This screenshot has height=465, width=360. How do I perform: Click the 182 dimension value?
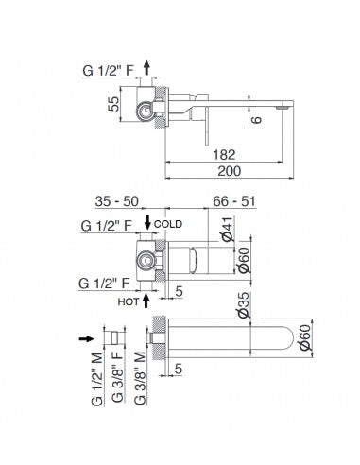click(x=224, y=155)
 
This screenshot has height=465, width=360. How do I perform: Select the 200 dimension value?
click(x=230, y=171)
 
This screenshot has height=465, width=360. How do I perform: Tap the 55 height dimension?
click(x=113, y=104)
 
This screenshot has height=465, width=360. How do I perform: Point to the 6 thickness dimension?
click(x=257, y=120)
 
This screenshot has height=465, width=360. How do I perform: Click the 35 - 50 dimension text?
click(x=117, y=201)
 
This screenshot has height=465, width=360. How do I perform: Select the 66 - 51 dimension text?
click(x=234, y=201)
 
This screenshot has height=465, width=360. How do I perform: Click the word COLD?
click(x=168, y=224)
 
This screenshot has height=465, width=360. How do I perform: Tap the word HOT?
click(x=129, y=301)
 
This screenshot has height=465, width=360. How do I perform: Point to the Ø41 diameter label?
click(x=228, y=229)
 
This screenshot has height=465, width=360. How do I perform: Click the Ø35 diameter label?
click(x=244, y=305)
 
